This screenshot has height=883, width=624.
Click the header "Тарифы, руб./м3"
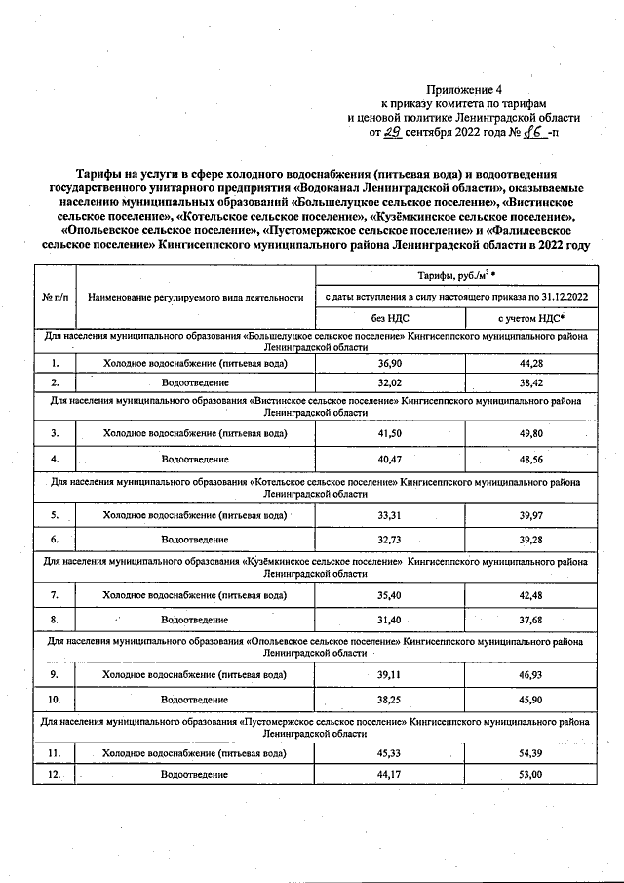coord(453,276)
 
